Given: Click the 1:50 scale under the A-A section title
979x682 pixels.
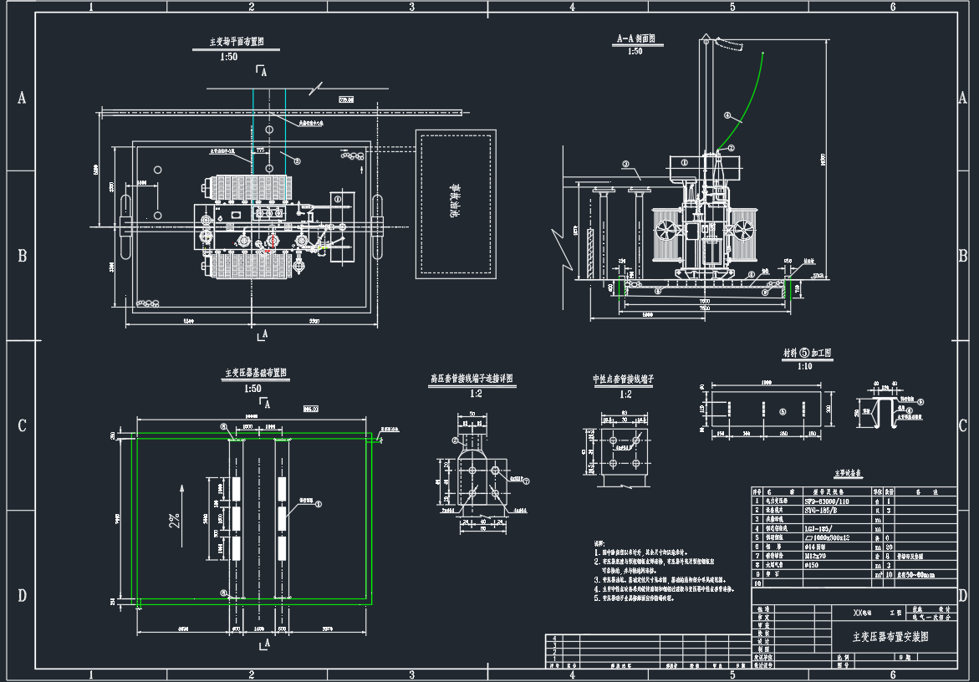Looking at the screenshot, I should [x=635, y=52].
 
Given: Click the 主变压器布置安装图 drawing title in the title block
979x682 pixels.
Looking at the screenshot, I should [x=890, y=636].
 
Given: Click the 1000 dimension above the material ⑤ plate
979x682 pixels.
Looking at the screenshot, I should [x=766, y=382].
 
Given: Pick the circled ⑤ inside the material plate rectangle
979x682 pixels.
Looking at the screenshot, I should [x=782, y=411].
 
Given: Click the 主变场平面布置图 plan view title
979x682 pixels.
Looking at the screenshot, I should [x=237, y=41].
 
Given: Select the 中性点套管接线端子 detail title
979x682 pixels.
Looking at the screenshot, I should [x=623, y=379].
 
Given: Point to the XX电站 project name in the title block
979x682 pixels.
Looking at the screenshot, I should [x=861, y=613].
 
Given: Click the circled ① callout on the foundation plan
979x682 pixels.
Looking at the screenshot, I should [x=317, y=504].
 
